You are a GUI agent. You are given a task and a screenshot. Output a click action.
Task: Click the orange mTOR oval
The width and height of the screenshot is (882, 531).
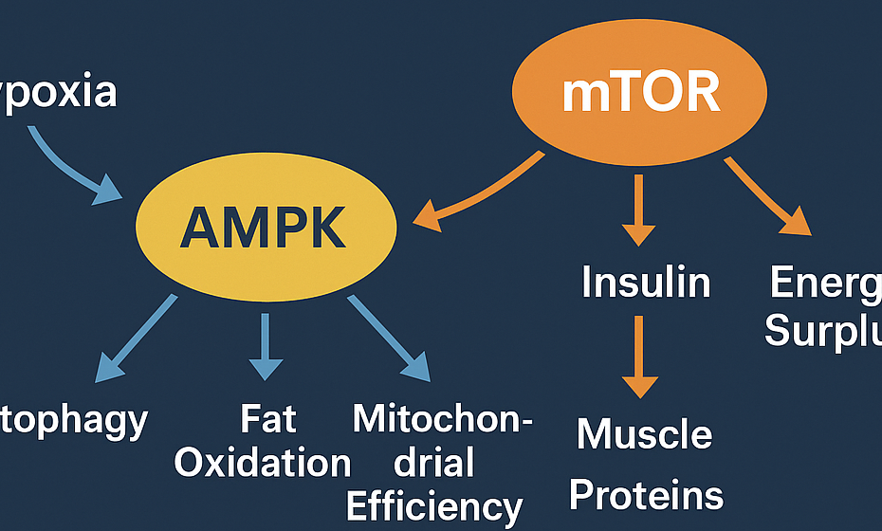pyautogui.click(x=639, y=92)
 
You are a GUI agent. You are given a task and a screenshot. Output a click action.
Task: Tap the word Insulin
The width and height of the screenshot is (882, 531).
pyautogui.click(x=646, y=283)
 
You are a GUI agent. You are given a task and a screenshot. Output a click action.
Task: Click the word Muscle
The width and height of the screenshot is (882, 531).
pyautogui.click(x=645, y=434)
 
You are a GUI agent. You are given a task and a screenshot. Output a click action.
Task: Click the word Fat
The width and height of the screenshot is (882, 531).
pyautogui.click(x=268, y=419)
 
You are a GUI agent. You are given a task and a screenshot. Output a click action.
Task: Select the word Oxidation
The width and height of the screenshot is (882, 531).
pyautogui.click(x=263, y=463)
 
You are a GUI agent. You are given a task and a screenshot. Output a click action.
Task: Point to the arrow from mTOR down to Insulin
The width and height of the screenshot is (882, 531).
pyautogui.click(x=638, y=209)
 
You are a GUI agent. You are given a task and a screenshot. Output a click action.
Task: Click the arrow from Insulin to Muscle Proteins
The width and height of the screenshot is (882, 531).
pyautogui.click(x=639, y=356)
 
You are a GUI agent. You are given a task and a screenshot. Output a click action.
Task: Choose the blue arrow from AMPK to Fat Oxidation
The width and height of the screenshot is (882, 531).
pyautogui.click(x=266, y=345)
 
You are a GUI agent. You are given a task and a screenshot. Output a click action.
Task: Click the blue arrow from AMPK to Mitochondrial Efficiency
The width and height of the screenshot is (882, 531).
pyautogui.click(x=388, y=338)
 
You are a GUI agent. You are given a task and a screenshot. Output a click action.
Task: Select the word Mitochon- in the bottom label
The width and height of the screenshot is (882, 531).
pyautogui.click(x=442, y=418)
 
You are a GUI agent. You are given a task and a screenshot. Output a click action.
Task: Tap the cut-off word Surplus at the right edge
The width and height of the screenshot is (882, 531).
pyautogui.click(x=823, y=332)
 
